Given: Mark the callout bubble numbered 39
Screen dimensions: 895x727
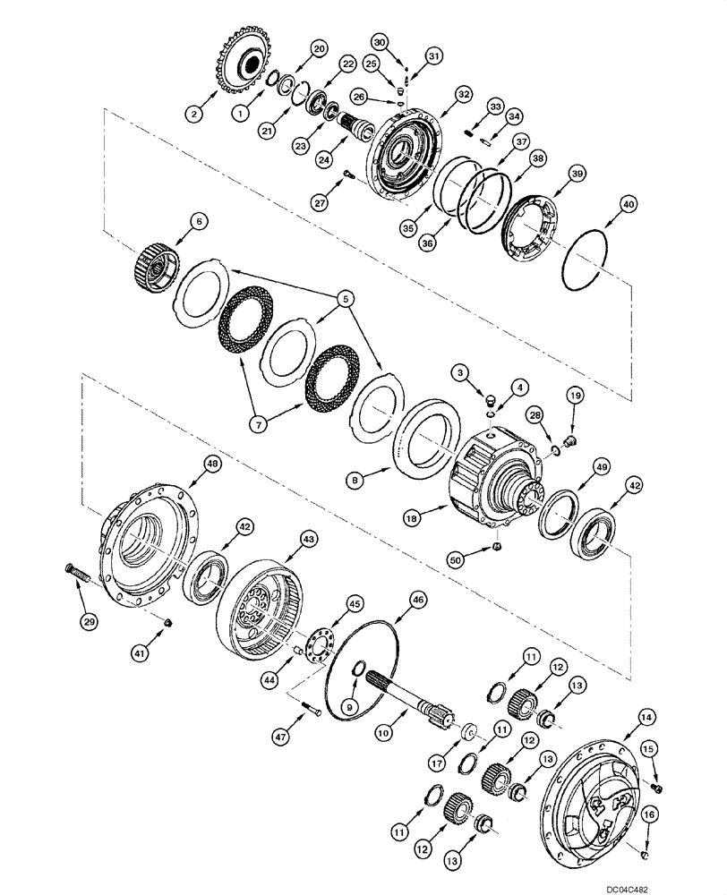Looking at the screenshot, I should tap(554, 173).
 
